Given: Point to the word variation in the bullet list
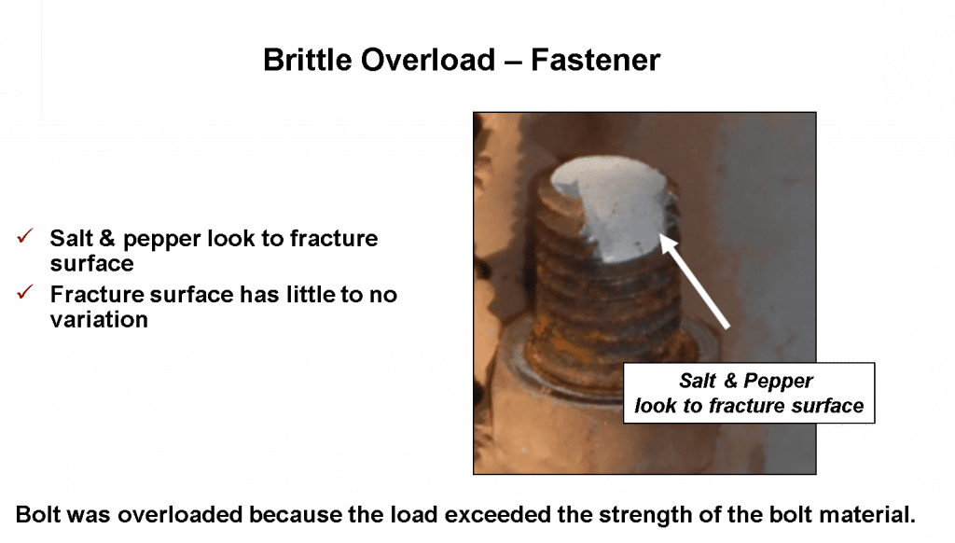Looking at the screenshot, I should coord(99,319).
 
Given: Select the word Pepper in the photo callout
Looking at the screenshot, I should coord(779,382).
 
